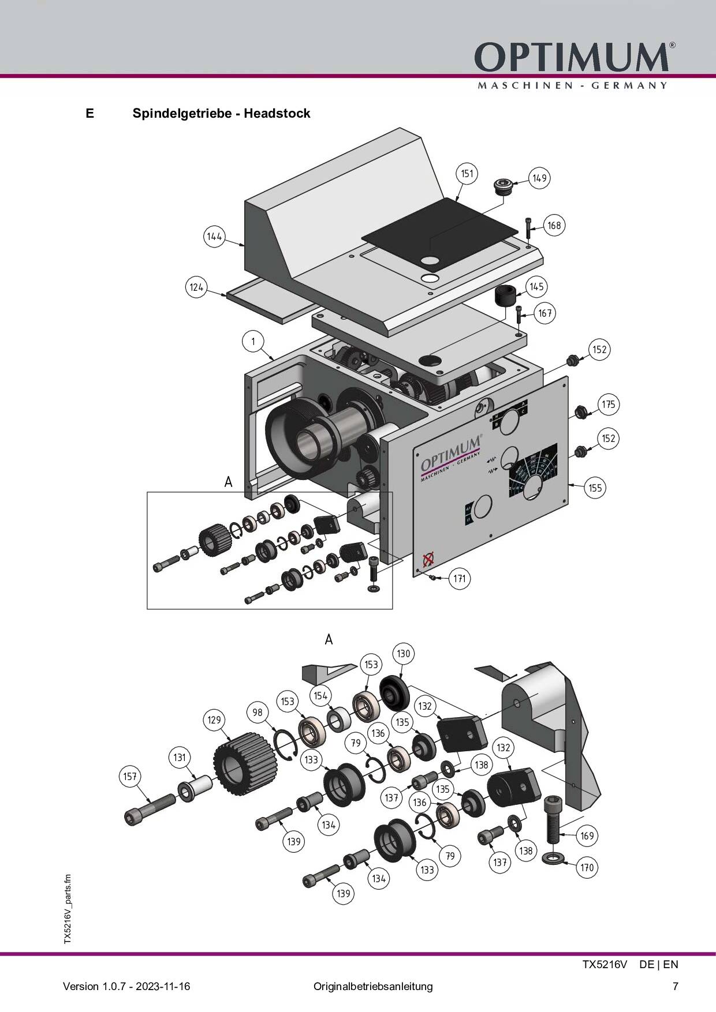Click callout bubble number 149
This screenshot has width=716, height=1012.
(x=539, y=178)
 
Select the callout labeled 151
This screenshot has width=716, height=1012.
(x=467, y=174)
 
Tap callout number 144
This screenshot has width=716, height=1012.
(x=215, y=237)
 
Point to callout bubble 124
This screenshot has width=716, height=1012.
(x=197, y=287)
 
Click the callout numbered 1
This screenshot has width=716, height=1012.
(x=253, y=342)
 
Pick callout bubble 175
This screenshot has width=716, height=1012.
(x=609, y=404)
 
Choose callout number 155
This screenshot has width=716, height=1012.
(x=595, y=488)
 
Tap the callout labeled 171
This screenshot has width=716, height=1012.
(x=459, y=578)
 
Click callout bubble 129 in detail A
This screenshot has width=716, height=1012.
(x=214, y=720)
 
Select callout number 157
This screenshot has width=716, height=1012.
(x=130, y=776)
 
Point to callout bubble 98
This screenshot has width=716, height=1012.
(x=258, y=712)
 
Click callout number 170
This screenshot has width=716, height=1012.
(x=587, y=868)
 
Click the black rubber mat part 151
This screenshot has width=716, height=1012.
(x=439, y=231)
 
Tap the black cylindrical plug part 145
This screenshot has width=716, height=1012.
(x=504, y=297)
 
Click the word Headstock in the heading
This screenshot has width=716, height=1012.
(x=277, y=113)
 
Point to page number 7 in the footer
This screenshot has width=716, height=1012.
(x=676, y=986)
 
